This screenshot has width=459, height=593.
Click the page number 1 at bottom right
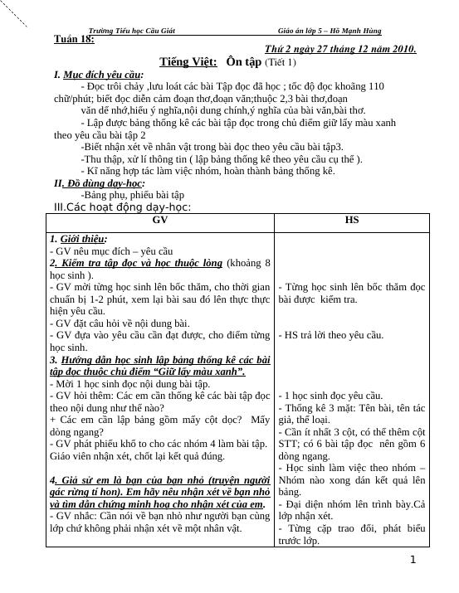[413, 561]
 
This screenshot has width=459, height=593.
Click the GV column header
[160, 221]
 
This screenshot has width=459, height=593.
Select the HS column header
[352, 221]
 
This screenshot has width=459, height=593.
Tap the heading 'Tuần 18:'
[73, 39]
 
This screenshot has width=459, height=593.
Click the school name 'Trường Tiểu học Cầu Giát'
[131, 31]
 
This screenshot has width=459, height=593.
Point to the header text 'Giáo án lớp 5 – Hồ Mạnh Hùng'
[330, 31]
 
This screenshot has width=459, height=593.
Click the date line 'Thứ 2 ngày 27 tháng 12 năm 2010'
[340, 50]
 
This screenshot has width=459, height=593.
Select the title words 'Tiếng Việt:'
[188, 62]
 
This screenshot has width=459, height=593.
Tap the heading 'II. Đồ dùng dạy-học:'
[99, 183]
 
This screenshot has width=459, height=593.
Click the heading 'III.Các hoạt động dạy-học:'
[122, 207]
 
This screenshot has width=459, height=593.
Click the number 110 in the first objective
[375, 85]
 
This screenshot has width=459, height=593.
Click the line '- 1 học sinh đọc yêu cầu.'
[330, 396]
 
